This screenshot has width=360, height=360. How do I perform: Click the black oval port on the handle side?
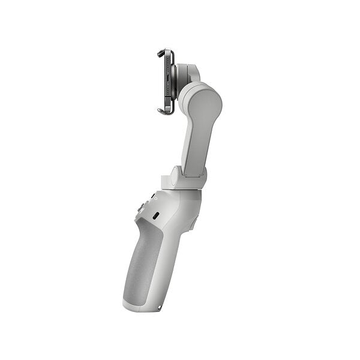click(155, 215)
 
